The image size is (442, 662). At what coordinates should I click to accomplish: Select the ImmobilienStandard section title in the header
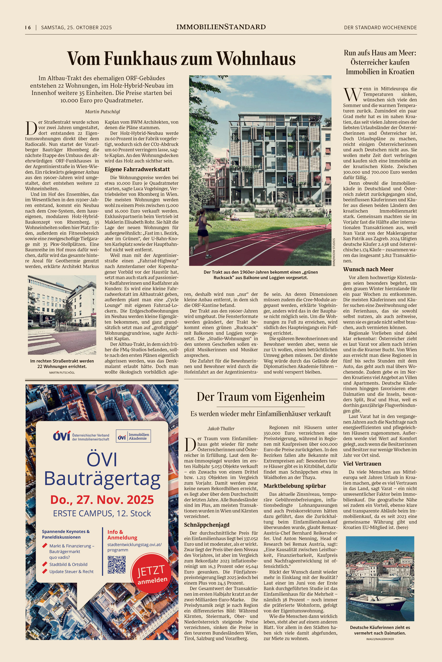point(221,27)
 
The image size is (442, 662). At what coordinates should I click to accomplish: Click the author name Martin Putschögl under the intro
point(102,111)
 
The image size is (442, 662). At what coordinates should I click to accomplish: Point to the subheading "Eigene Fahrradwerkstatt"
point(137,169)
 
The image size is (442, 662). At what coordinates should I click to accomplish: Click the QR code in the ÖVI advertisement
point(116,565)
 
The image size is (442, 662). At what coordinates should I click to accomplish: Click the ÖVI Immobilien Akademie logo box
point(133,436)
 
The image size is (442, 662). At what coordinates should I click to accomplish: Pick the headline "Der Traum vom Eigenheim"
point(261,397)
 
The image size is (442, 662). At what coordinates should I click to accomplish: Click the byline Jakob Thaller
point(221,428)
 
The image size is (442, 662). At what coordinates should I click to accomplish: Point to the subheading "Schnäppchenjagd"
point(207,525)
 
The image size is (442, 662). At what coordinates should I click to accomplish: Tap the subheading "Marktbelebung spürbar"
point(295,486)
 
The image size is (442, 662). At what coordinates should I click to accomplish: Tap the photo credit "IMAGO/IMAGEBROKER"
point(380,639)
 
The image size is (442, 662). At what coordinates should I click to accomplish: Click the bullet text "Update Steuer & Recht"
point(71,571)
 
